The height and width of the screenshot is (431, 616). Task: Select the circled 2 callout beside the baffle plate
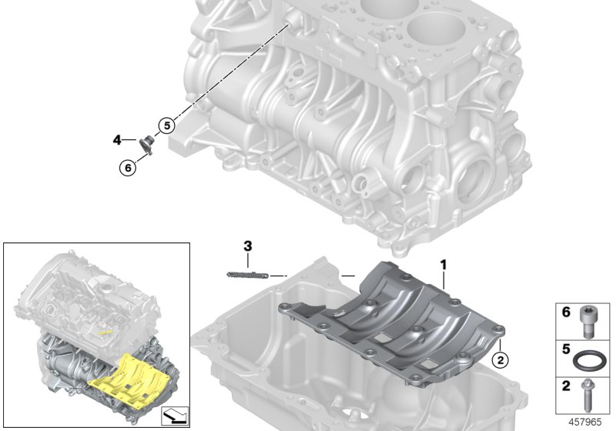pyautogui.click(x=499, y=359)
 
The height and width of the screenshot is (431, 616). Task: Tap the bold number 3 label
pyautogui.click(x=247, y=246)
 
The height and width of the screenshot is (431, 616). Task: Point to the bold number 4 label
pyautogui.click(x=117, y=139)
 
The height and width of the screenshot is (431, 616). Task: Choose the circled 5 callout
pyautogui.click(x=167, y=123)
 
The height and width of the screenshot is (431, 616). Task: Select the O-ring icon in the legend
pyautogui.click(x=591, y=359)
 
